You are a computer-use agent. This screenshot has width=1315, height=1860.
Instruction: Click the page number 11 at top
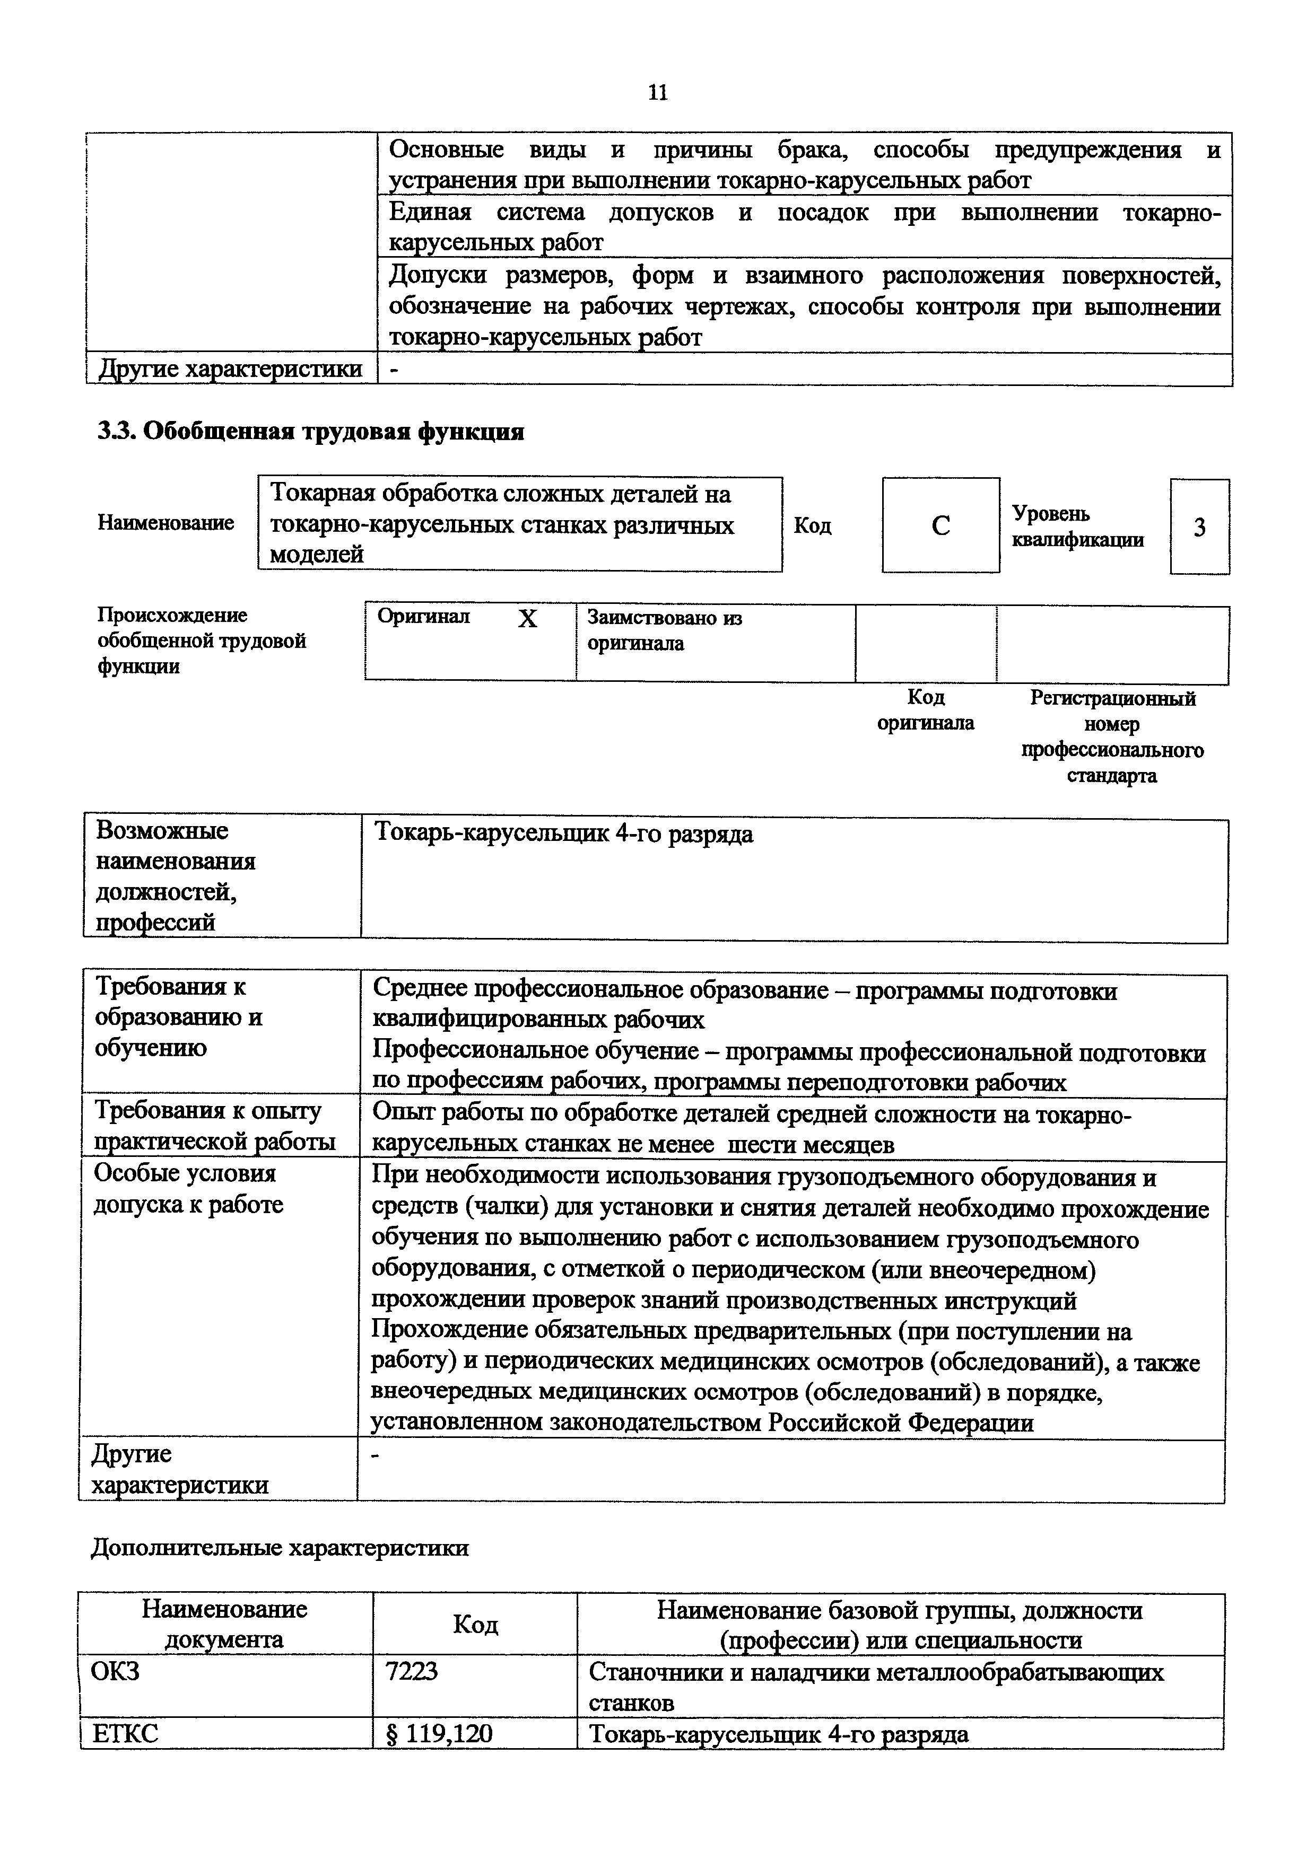point(657,93)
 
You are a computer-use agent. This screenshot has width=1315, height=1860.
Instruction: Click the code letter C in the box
point(940,527)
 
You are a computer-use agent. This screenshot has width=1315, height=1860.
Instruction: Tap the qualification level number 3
point(1199,528)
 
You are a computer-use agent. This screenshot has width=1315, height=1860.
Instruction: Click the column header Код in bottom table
point(475,1624)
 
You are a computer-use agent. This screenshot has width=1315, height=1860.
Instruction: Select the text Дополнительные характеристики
point(280,1548)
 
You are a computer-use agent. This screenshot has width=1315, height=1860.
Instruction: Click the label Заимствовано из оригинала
point(664,631)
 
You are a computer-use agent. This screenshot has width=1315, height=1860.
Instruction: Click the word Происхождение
point(172,616)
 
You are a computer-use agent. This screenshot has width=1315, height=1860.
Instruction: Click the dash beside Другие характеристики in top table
point(395,370)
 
